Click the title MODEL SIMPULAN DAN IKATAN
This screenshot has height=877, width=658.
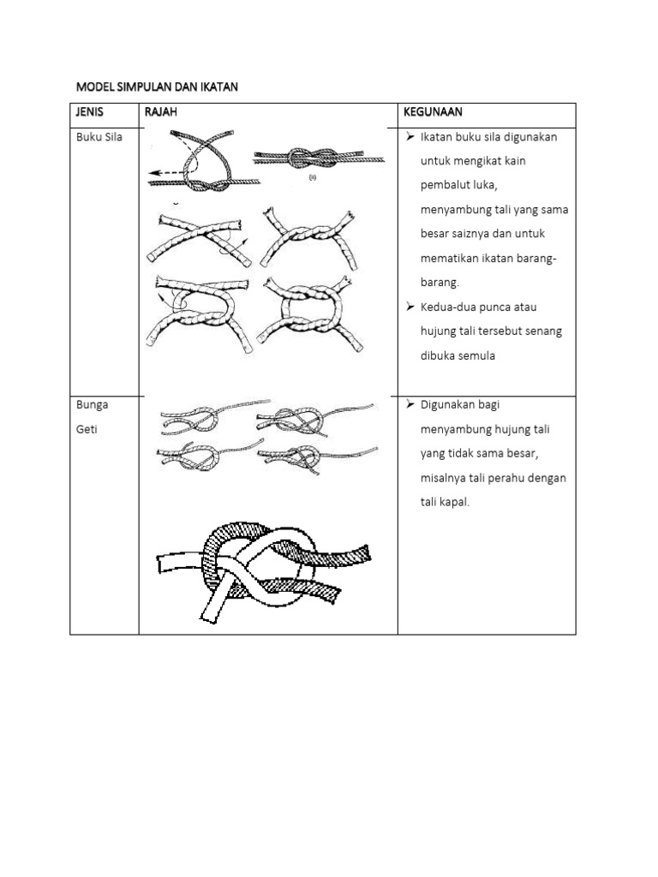(156, 87)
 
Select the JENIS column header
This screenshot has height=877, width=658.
(90, 112)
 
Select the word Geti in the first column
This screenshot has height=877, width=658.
(87, 429)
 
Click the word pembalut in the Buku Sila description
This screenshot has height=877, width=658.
(449, 185)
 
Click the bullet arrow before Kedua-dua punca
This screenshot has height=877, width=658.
(408, 306)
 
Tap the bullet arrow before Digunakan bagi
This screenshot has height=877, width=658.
(408, 404)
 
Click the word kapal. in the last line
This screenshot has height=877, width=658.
(458, 502)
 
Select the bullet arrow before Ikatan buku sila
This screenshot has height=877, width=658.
(408, 137)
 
